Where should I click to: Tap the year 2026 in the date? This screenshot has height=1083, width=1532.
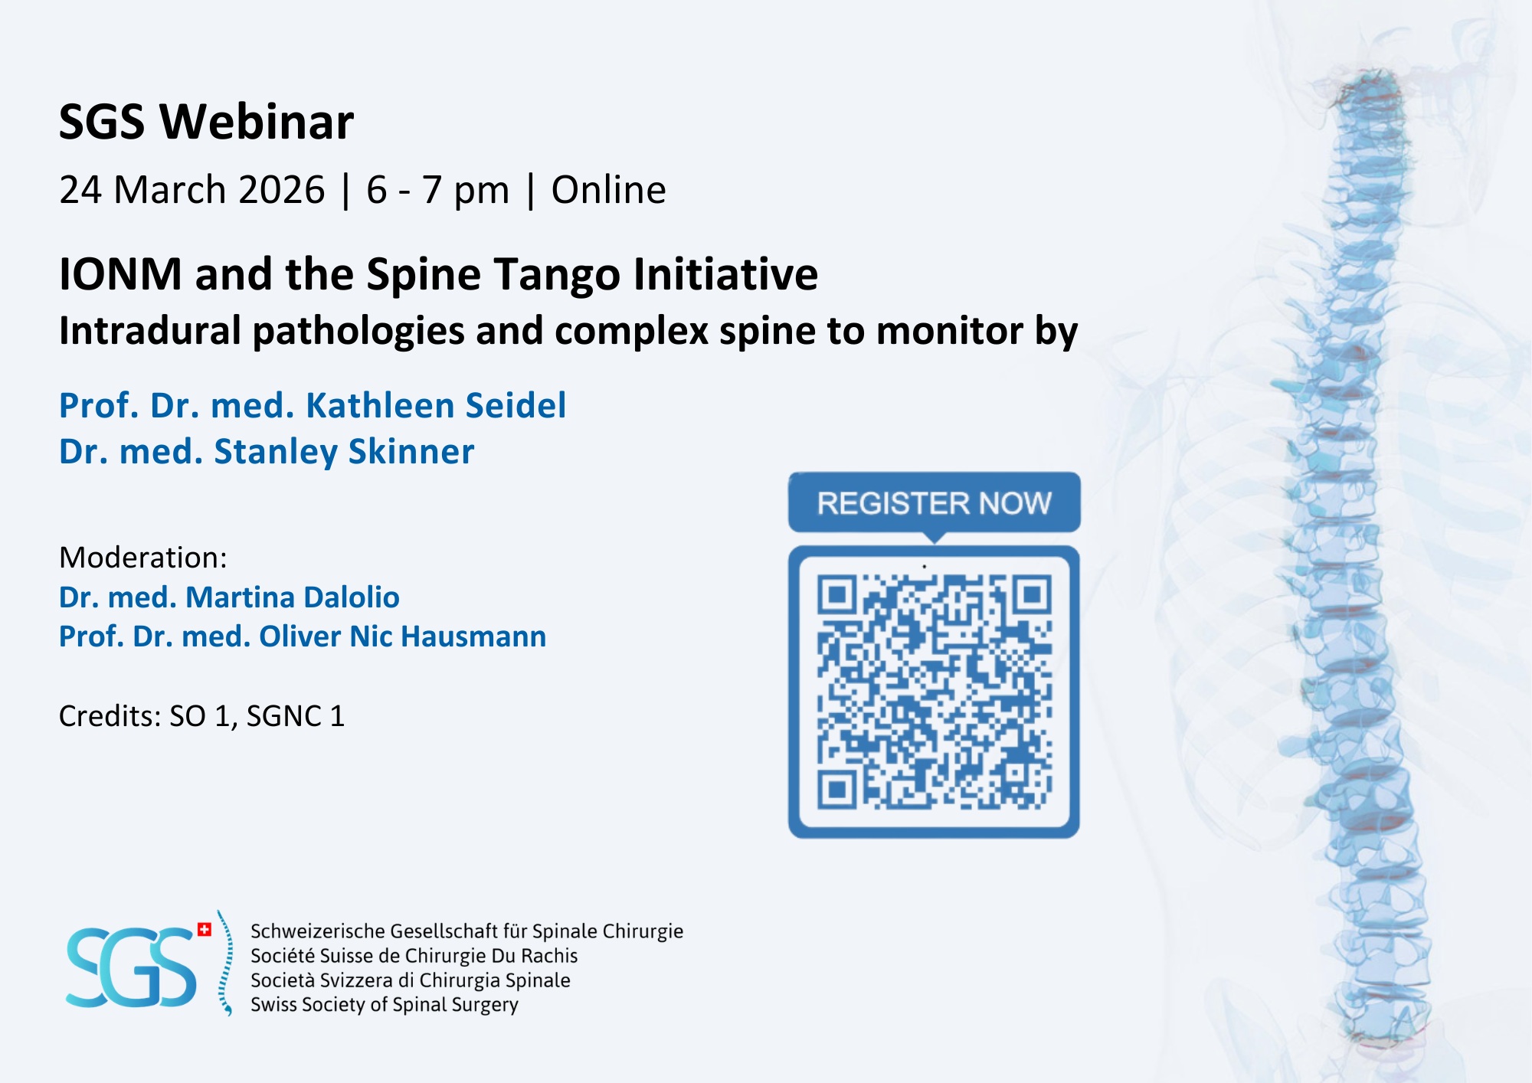(282, 190)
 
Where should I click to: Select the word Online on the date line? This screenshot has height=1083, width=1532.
(609, 190)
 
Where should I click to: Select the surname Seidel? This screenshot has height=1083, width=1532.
(516, 405)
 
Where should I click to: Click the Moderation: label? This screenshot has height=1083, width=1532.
(143, 558)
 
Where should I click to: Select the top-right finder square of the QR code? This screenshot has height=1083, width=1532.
(1032, 595)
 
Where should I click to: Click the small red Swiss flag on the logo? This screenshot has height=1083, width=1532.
(205, 930)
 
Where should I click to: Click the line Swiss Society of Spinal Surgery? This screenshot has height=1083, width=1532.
(385, 1004)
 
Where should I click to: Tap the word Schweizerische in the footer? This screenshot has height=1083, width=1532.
(318, 931)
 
